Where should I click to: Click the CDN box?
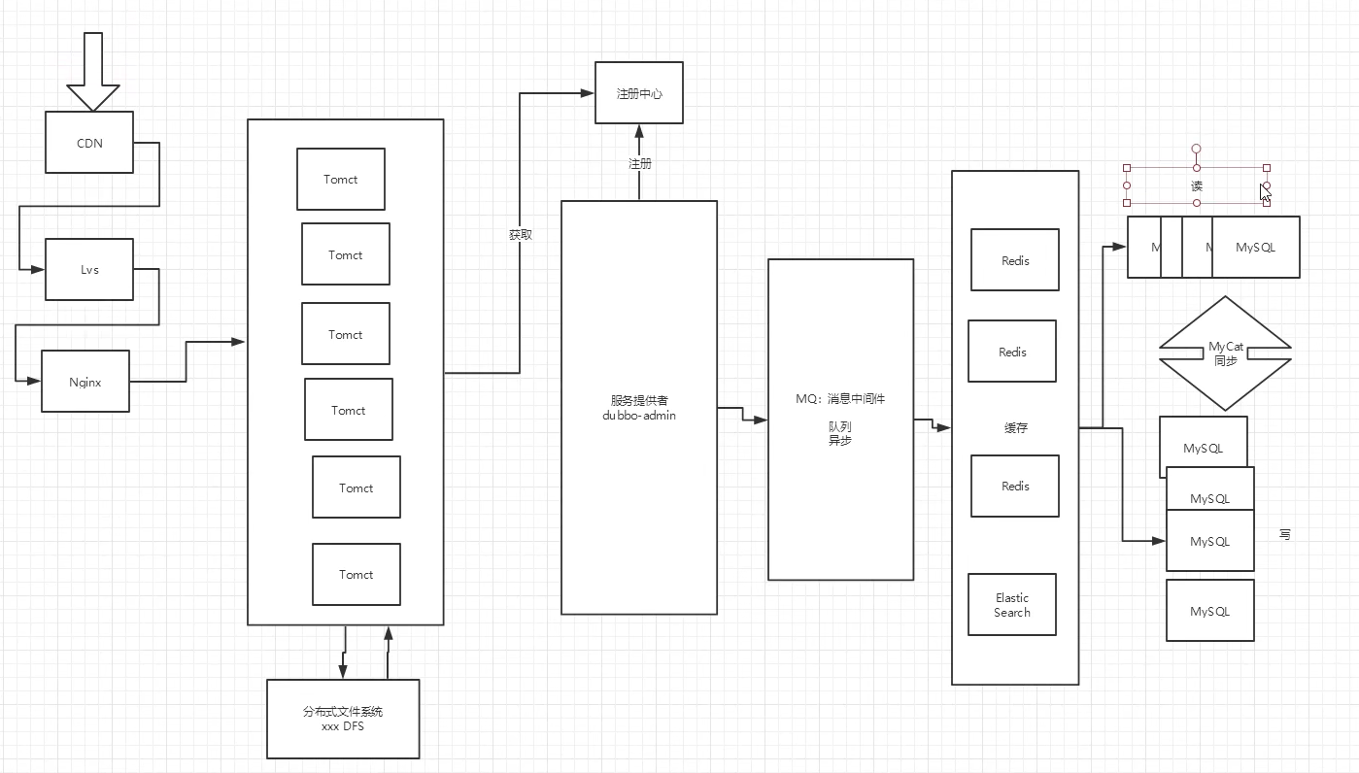coord(89,143)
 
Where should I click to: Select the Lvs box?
coord(89,269)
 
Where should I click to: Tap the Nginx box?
coord(85,382)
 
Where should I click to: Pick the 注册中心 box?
coord(638,93)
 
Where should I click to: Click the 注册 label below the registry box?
coord(639,164)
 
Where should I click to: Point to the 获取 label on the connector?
coord(520,235)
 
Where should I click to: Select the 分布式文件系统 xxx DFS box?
coord(343,719)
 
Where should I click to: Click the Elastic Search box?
coord(1011,605)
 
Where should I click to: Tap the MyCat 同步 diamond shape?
coord(1225,353)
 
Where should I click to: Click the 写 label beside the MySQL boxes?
coord(1284,535)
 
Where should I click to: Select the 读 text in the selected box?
coord(1197,185)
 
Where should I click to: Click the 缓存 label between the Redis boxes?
coord(1015,427)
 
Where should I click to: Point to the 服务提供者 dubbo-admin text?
coord(639,408)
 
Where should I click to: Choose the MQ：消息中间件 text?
coord(840,399)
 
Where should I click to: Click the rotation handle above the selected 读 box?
coord(1197,150)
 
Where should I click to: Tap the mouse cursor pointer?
coord(1265,192)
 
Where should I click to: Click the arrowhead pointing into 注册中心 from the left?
coord(588,93)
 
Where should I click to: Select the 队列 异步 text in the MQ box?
coord(840,433)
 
